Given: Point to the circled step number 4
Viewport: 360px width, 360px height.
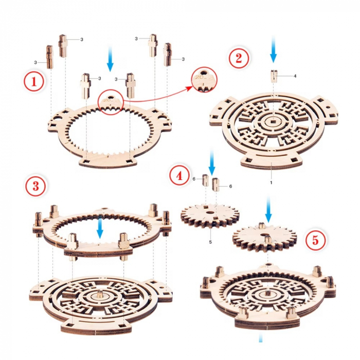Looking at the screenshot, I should (178, 176).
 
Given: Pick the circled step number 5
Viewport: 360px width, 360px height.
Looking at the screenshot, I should (315, 240).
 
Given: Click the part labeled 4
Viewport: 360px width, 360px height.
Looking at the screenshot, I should (273, 76).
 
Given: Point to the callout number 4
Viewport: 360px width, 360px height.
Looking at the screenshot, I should (295, 76).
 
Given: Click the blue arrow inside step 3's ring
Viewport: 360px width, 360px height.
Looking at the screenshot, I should (100, 227).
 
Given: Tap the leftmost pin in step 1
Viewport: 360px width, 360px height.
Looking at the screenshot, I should (50, 57).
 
